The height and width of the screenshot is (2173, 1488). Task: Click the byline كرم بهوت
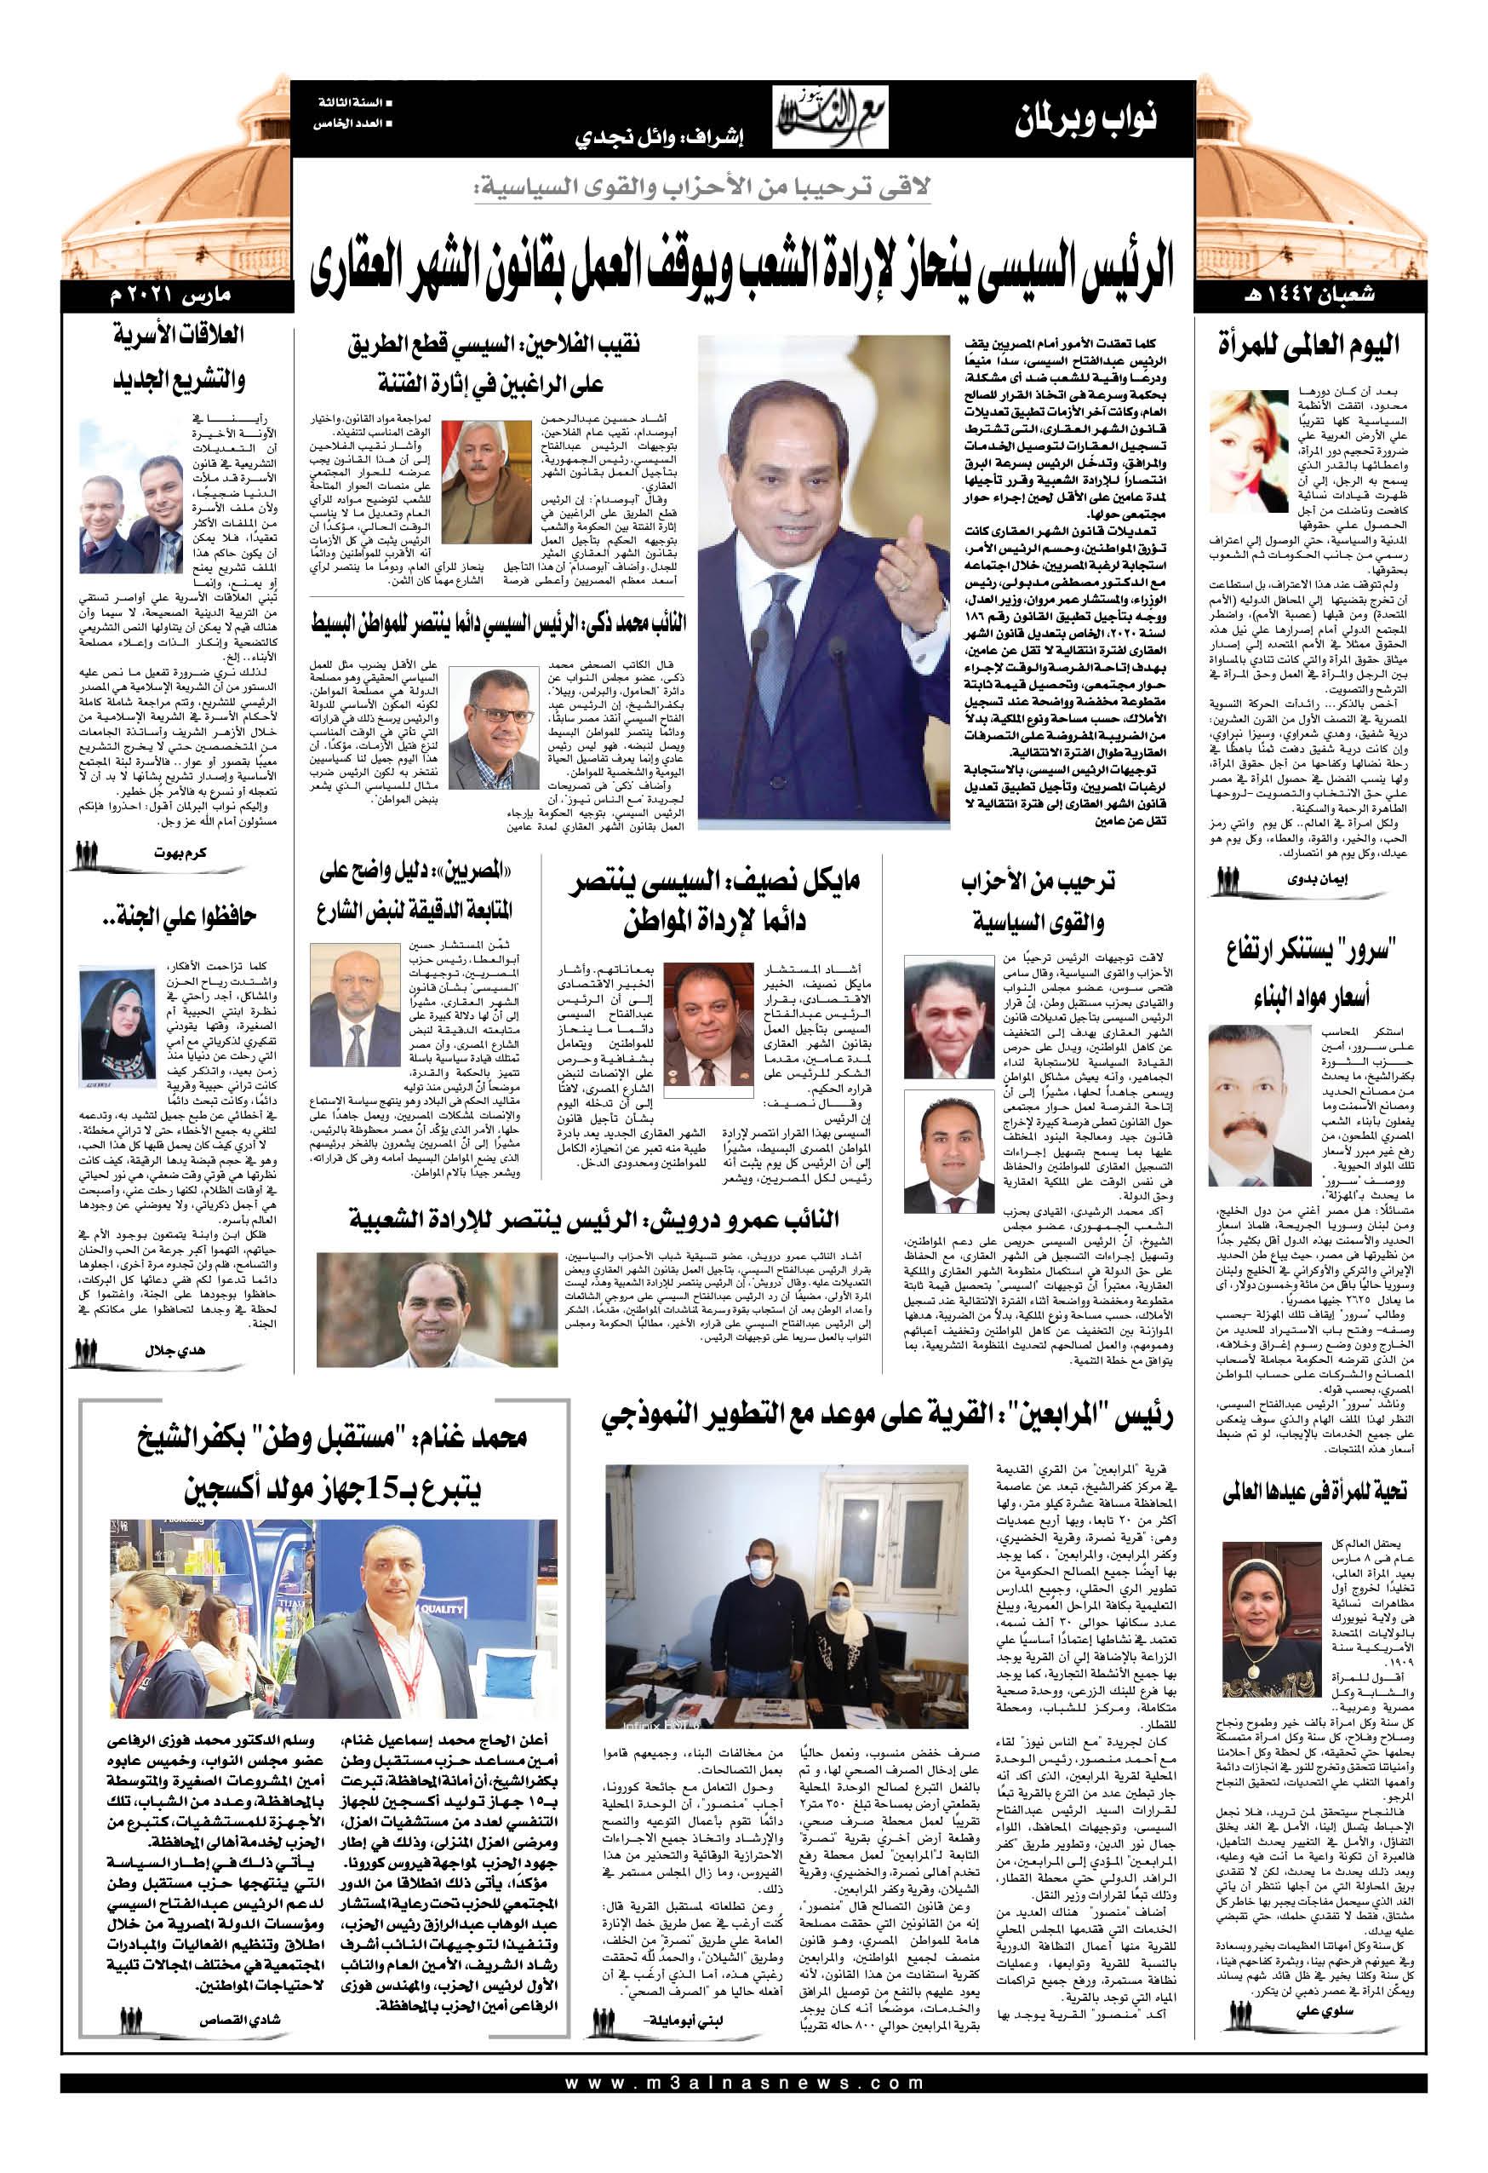180,853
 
